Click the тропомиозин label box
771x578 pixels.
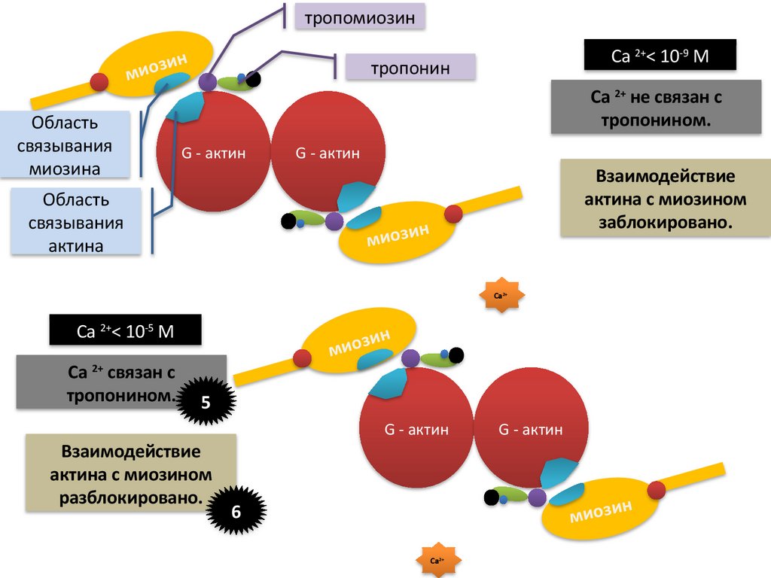[x=360, y=17]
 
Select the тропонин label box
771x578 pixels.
[x=410, y=68]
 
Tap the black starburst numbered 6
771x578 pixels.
[x=235, y=513]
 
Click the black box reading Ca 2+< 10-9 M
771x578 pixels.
[x=660, y=55]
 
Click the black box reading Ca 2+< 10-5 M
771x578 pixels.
[x=126, y=330]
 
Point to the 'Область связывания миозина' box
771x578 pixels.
[x=65, y=145]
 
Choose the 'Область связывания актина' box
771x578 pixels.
[x=76, y=222]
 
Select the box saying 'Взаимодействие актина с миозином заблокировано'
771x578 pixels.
[x=666, y=199]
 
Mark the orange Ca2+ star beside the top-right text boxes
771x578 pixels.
[x=500, y=296]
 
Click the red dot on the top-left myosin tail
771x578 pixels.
[x=99, y=81]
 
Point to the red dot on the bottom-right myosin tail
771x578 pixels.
[x=657, y=490]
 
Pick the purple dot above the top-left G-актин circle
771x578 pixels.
[x=208, y=81]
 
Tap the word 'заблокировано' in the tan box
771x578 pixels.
[x=666, y=222]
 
